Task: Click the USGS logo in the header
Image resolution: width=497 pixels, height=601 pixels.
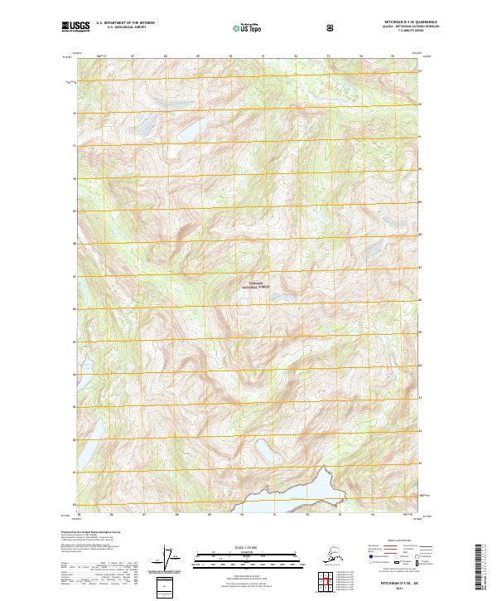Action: (77, 27)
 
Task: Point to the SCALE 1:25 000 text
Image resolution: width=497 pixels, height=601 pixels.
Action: (248, 547)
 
